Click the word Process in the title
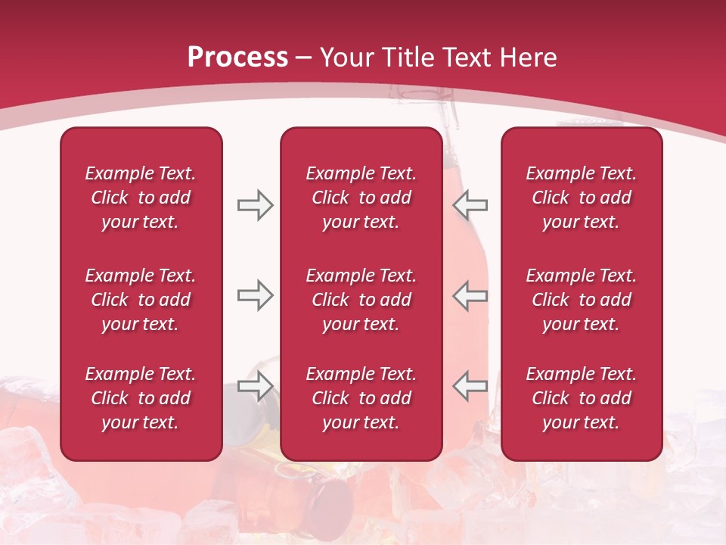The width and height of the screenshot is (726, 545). coord(237,58)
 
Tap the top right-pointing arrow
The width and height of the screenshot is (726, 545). coord(255,205)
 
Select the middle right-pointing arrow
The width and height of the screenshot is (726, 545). coord(255,295)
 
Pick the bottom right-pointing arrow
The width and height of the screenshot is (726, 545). coord(255,386)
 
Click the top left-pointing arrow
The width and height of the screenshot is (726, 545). coord(470,205)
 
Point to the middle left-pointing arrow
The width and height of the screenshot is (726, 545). coord(470,295)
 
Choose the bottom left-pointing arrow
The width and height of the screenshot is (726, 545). coord(470,386)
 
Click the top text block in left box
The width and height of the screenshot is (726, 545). coord(141,198)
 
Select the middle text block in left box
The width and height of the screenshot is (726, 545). coord(141,300)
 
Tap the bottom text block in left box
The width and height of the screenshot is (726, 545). coord(141,398)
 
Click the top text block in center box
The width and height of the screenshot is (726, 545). coord(361,198)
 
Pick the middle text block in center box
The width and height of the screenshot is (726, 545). coord(361,300)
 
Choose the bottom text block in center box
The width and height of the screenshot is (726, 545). coord(361,398)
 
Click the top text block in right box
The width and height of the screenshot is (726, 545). coord(581,198)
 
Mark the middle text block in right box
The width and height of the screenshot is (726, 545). coord(581,300)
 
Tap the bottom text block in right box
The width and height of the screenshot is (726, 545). coord(581,398)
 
